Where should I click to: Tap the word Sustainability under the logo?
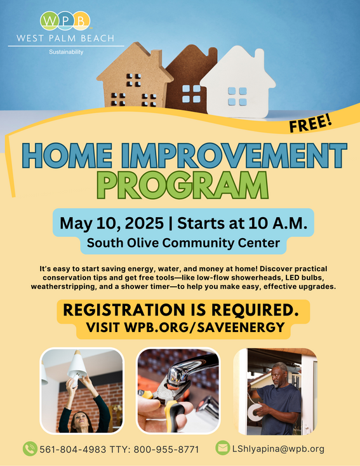click(66, 52)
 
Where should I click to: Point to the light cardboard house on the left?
click(135, 79)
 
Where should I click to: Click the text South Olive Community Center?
click(183, 242)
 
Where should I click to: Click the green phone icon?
click(29, 449)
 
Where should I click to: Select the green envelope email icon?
click(222, 448)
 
